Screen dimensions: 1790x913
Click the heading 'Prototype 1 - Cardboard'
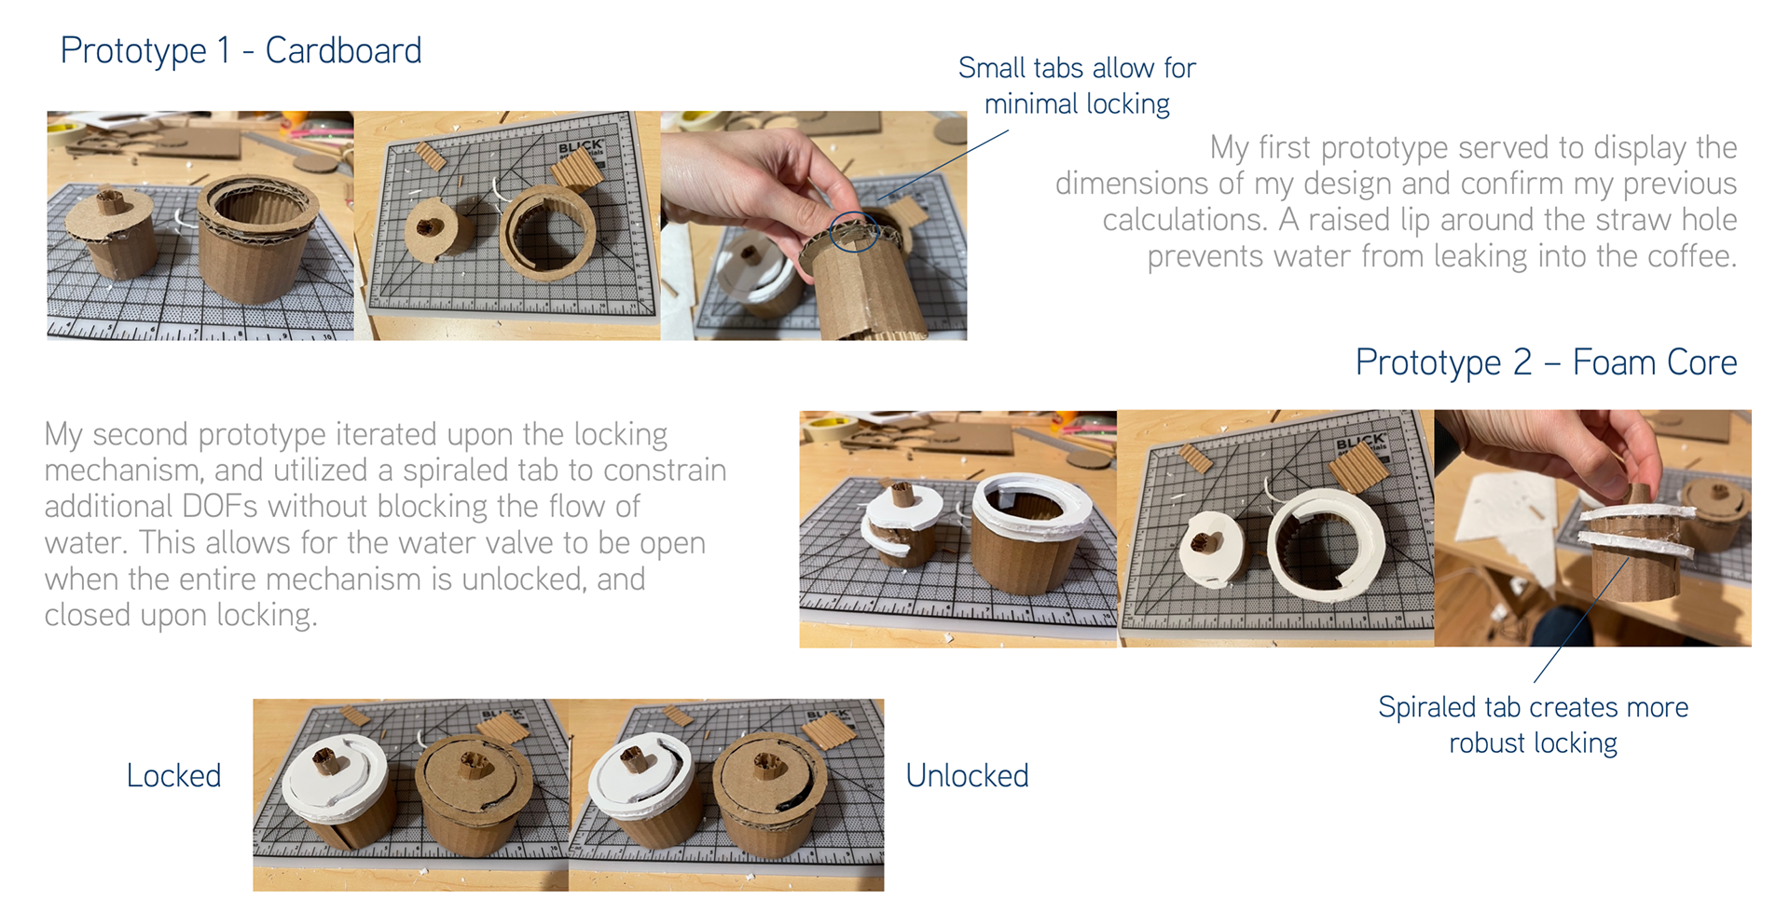[241, 50]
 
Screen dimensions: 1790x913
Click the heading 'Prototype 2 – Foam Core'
[1546, 362]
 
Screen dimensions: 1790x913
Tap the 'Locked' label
[173, 775]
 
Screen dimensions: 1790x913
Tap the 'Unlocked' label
[967, 775]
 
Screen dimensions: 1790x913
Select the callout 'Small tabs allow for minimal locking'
[1077, 86]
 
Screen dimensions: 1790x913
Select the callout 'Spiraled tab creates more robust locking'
[1533, 725]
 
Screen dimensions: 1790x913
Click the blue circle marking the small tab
[854, 231]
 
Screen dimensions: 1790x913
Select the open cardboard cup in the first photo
[255, 238]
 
